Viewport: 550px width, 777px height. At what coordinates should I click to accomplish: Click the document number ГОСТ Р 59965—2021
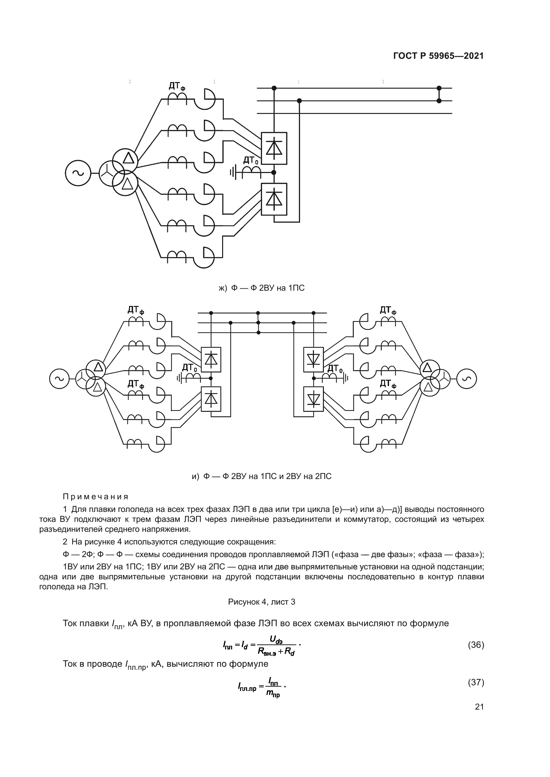pos(438,56)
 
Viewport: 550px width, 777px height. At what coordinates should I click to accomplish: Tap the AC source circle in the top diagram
pos(78,173)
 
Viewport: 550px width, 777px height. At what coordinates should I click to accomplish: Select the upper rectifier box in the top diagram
pos(274,148)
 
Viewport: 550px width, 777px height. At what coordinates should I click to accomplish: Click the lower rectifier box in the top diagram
pos(274,199)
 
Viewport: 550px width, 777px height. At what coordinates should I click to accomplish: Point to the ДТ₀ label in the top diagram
pos(251,160)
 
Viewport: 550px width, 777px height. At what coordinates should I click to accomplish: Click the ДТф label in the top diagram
pos(177,87)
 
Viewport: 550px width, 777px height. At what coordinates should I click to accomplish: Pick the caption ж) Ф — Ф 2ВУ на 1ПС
pos(261,288)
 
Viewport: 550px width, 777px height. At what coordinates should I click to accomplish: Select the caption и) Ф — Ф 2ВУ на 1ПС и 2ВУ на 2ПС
pos(261,476)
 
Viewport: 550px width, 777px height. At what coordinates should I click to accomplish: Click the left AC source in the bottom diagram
pos(59,379)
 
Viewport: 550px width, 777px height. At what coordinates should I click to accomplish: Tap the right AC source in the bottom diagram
pos(466,379)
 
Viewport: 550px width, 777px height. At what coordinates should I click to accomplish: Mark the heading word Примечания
pos(96,497)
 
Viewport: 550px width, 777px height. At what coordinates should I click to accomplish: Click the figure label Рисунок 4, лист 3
pos(261,602)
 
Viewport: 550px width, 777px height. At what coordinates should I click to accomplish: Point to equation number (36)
pos(476,645)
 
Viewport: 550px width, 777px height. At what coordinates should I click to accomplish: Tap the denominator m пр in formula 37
pos(273,693)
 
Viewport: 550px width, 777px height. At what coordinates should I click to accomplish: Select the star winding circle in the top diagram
pos(111,173)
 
